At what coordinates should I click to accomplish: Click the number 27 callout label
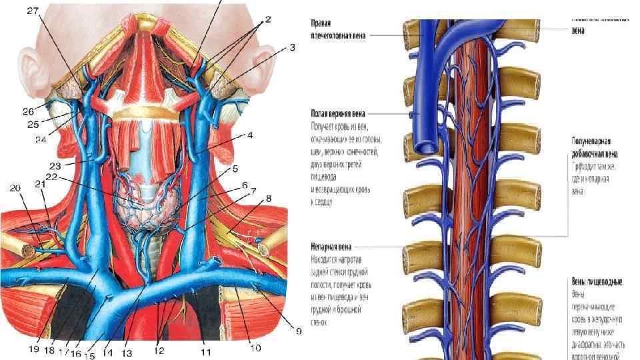[x=33, y=10]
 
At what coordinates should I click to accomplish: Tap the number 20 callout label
[x=15, y=189]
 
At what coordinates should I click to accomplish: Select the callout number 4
[x=250, y=135]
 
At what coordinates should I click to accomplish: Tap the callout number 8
[x=269, y=198]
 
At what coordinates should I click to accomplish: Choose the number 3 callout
[x=292, y=47]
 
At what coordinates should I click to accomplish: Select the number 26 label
[x=28, y=111]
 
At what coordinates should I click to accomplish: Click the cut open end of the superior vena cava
[x=425, y=146]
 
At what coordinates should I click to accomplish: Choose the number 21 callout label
[x=40, y=183]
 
